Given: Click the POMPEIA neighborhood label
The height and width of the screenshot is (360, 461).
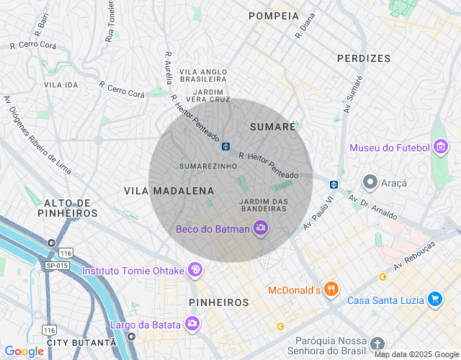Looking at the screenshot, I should point(273,16).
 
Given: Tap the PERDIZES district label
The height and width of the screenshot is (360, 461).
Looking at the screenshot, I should point(364,58).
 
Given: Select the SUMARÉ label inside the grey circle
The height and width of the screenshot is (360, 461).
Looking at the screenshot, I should point(272,126).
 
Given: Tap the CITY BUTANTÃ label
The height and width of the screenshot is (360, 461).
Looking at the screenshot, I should point(71,343).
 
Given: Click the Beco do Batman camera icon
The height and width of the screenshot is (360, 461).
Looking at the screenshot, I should point(261,229).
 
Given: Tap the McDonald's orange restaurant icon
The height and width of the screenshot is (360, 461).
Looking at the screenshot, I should point(331,289).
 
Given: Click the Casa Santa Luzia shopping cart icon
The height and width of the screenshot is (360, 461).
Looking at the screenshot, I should point(434,300).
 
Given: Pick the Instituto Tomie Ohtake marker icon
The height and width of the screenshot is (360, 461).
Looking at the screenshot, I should point(194,270).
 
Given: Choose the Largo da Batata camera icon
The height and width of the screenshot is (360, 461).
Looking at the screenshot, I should point(192,323).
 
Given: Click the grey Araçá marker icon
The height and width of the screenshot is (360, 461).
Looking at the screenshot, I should point(371,183).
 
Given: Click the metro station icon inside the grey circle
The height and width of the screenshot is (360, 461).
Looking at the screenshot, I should point(225,146).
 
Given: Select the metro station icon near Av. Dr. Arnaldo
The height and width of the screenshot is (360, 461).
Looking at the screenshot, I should point(334,184).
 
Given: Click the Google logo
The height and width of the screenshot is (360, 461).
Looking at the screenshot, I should point(24,351).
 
